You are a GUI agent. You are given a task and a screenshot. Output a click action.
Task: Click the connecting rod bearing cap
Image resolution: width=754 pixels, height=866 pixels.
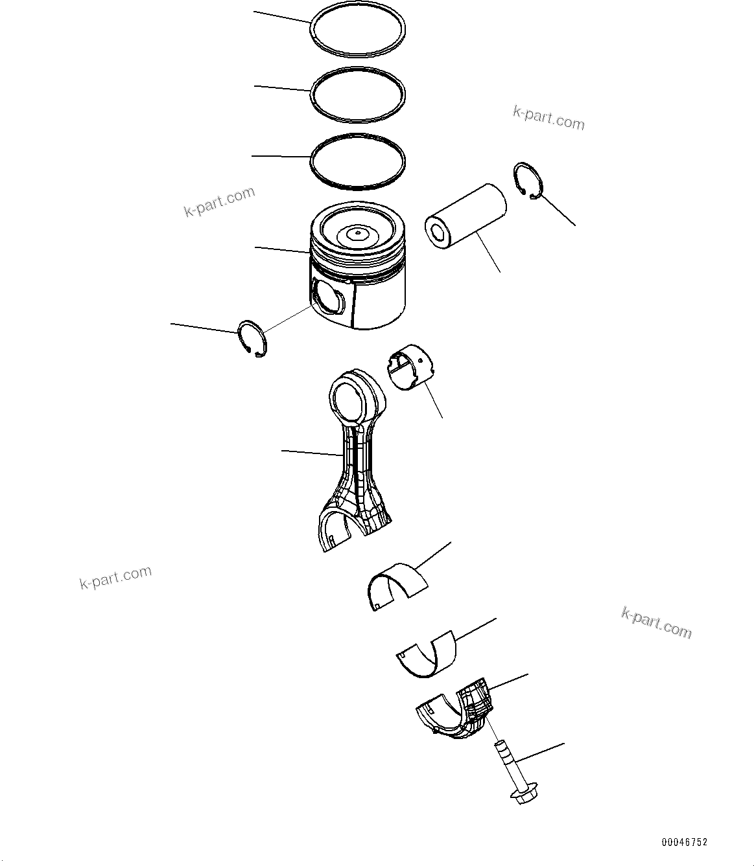click(454, 712)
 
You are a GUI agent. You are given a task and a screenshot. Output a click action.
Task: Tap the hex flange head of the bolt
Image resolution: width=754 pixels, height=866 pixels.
click(523, 795)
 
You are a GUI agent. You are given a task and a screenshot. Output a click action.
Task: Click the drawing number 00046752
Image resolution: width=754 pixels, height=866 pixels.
click(684, 842)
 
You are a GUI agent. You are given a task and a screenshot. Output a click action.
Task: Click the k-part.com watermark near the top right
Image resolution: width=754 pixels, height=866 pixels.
click(548, 119)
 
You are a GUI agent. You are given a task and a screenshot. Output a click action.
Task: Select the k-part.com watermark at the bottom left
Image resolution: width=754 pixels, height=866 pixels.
click(115, 577)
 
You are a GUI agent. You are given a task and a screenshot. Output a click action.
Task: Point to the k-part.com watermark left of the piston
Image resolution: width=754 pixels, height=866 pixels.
click(219, 201)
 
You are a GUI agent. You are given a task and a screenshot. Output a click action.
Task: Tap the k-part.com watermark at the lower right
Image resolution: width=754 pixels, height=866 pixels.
click(656, 622)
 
